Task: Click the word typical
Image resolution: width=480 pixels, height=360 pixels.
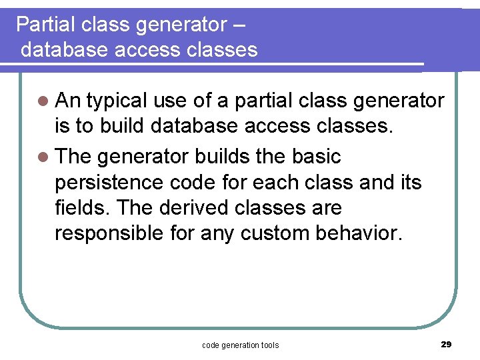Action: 116,101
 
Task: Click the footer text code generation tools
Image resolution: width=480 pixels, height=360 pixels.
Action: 240,345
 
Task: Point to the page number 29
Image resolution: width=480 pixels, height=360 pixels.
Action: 446,344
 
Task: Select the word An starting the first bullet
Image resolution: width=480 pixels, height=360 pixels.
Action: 67,101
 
